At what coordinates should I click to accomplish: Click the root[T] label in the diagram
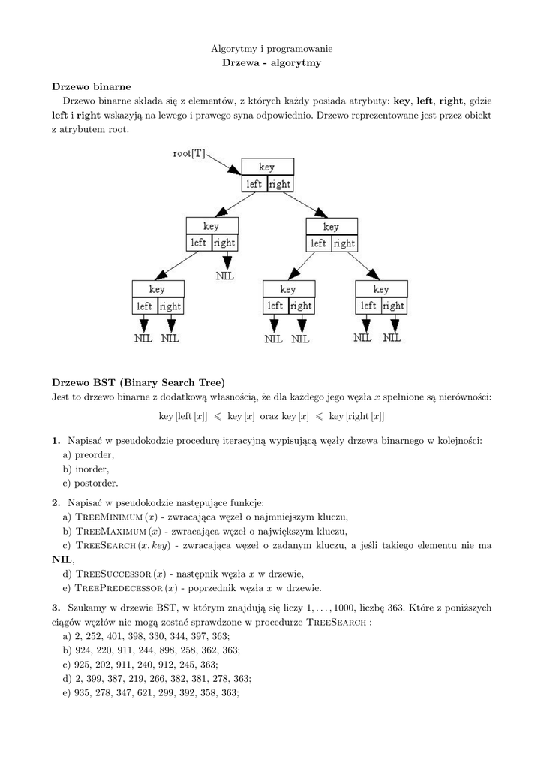point(189,154)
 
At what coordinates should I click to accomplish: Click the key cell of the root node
point(267,167)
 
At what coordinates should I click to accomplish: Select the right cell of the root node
point(280,184)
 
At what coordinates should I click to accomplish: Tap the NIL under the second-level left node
point(225,276)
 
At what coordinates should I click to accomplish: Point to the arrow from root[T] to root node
point(223,162)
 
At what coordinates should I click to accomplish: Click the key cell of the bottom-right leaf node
point(381,289)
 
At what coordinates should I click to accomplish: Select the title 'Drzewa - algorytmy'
point(272,63)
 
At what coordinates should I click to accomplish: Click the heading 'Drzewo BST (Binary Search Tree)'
point(138,381)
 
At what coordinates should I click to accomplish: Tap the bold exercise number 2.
point(56,502)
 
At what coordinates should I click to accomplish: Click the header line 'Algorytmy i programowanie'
point(272,48)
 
